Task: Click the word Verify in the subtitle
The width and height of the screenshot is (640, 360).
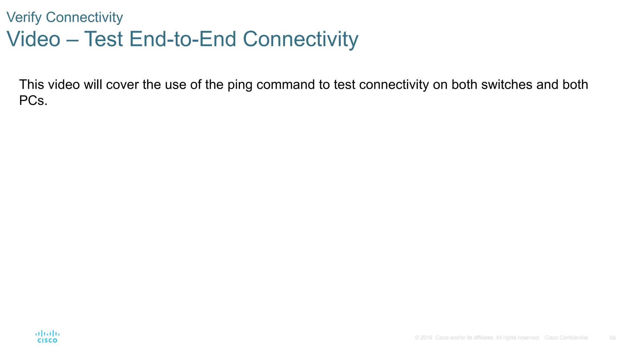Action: point(24,17)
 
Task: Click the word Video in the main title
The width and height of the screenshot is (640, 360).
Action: point(33,39)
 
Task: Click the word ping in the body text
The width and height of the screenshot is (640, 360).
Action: point(239,85)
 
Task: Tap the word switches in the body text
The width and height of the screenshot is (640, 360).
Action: point(507,85)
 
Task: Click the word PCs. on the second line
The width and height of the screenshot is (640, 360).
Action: point(33,101)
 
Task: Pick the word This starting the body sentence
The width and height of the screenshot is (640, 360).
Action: point(32,85)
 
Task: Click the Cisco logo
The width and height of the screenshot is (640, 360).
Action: point(47,337)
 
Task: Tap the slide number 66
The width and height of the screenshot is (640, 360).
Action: point(612,338)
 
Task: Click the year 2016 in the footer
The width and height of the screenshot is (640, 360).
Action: point(426,338)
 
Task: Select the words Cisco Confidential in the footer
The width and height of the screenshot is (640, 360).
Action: point(566,338)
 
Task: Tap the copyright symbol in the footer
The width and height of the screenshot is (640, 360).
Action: point(417,338)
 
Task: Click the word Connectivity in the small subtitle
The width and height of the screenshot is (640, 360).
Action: point(84,17)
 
